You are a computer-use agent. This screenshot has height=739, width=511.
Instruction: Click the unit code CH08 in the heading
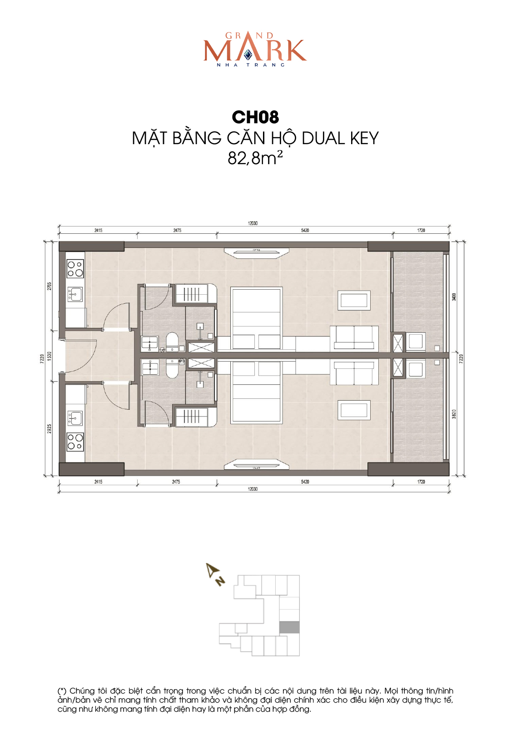click(255, 117)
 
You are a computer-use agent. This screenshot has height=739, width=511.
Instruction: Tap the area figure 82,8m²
click(255, 158)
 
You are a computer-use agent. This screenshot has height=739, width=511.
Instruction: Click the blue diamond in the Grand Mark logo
click(248, 55)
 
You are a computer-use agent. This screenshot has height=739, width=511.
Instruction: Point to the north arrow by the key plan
click(214, 574)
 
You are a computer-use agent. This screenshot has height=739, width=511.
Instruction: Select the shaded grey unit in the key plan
click(289, 627)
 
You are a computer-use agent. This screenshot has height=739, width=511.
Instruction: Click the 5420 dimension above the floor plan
click(305, 230)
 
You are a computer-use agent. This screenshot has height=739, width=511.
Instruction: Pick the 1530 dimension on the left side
click(50, 356)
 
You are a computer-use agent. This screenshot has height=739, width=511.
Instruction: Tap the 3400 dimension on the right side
click(454, 297)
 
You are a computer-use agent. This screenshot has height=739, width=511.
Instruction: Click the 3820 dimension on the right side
click(454, 414)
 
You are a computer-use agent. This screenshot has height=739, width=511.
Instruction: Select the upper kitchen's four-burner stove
click(75, 269)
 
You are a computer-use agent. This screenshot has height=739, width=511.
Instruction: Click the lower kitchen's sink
click(75, 418)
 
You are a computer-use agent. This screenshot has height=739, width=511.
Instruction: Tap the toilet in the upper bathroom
click(172, 342)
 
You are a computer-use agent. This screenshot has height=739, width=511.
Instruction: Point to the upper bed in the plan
click(256, 318)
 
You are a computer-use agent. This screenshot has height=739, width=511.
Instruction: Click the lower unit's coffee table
click(354, 410)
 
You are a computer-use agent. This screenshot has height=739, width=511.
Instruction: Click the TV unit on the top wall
click(256, 252)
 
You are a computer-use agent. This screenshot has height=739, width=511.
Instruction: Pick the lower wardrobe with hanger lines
click(196, 417)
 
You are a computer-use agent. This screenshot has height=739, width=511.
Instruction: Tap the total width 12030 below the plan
click(253, 489)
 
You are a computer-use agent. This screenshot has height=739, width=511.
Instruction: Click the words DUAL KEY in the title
click(340, 138)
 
